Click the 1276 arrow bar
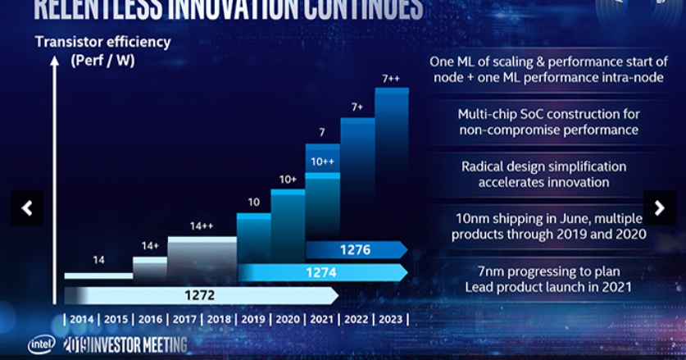pos(356,250)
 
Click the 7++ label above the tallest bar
pos(391,78)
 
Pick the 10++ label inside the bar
pos(322,162)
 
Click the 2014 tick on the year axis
pos(82,319)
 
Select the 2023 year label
pos(391,319)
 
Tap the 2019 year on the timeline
pos(253,319)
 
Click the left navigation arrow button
pos(26,208)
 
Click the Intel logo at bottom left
pos(41,344)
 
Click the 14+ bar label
pos(149,246)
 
